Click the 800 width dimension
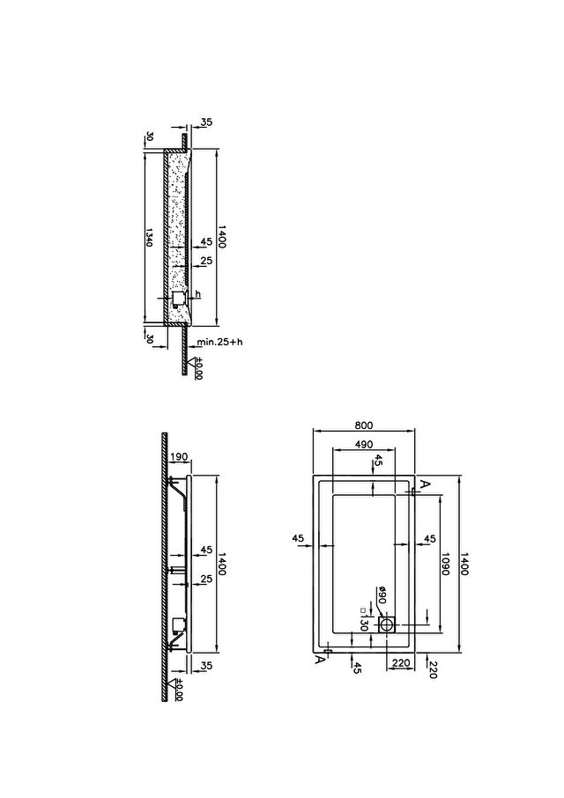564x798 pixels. pos(363,425)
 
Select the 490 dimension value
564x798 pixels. pos(363,444)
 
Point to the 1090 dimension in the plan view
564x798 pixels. pos(445,564)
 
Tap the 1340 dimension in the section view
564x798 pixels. pos(149,237)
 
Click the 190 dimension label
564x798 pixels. pos(178,456)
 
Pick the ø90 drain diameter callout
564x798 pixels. pos(382,595)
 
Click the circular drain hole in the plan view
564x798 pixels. pos(388,624)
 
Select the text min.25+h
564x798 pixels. pos(220,342)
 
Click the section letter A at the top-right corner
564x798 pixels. pos(425,483)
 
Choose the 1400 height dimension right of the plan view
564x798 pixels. pos(464,564)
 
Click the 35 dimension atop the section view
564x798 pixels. pos(206,122)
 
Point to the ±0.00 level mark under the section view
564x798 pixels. pos(198,368)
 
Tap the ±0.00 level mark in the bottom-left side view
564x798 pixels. pos(179,690)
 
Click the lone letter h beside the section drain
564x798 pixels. pos(198,294)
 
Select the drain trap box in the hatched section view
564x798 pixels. pos(178,299)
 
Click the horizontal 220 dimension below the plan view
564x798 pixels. pos(402,662)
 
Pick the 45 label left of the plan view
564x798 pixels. pos(298,538)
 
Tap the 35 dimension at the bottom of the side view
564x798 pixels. pos(206,666)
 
